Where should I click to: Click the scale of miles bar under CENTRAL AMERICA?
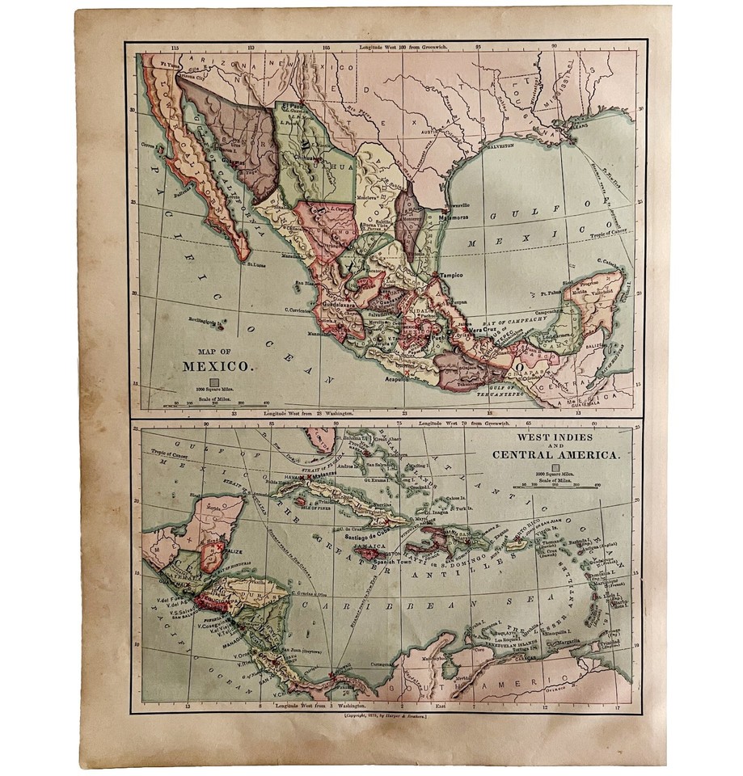click(x=559, y=487)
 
